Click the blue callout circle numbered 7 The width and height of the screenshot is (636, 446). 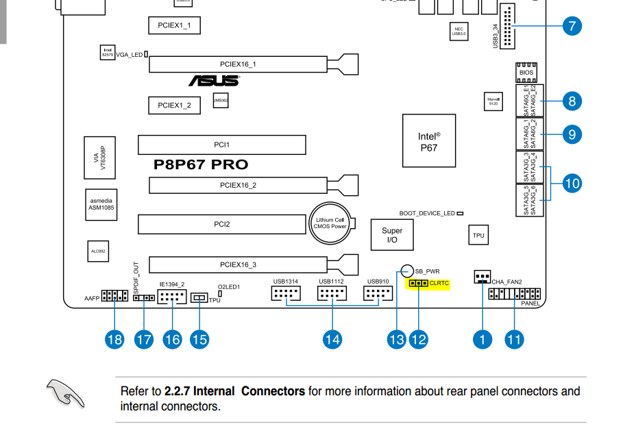(x=572, y=27)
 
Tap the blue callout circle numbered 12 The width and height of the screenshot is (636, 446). (x=418, y=339)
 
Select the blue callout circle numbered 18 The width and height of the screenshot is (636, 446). (x=114, y=339)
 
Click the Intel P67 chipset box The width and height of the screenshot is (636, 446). (x=428, y=141)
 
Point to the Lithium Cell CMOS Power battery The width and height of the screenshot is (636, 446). (x=330, y=223)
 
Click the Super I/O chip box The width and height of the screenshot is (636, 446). (x=392, y=235)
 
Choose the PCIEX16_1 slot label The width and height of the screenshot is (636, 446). (x=238, y=64)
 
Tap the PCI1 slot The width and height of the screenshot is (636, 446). (x=221, y=145)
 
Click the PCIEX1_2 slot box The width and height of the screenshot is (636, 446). (x=174, y=106)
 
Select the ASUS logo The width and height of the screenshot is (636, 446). (x=214, y=81)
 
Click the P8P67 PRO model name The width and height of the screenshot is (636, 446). (x=201, y=165)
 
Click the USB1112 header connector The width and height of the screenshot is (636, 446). (x=332, y=294)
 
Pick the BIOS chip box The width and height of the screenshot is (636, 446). (x=526, y=73)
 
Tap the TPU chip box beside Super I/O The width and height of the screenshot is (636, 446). (x=478, y=235)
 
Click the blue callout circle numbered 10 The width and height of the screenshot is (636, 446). (x=572, y=183)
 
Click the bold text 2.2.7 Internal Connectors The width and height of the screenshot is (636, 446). (x=234, y=391)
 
